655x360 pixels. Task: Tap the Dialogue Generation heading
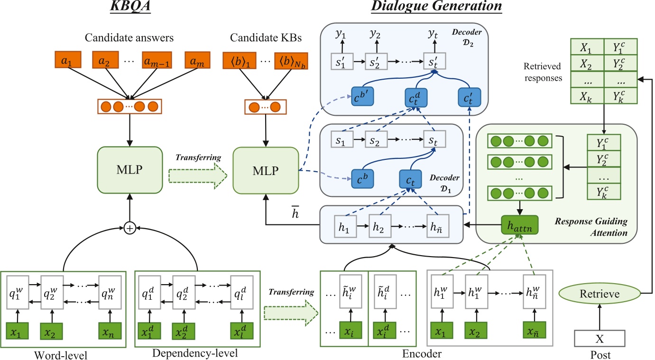[436, 7]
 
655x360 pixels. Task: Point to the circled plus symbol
[129, 229]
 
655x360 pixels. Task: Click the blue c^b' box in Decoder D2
[363, 98]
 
